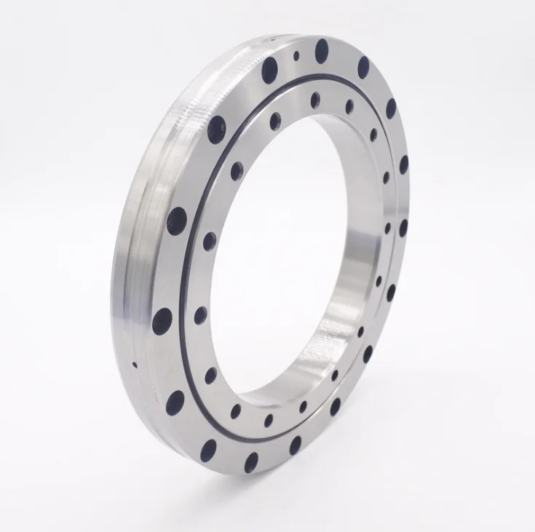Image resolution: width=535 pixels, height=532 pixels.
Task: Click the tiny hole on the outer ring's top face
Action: pyautogui.click(x=296, y=55)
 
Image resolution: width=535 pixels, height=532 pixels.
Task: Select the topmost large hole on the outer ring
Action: pyautogui.click(x=321, y=50)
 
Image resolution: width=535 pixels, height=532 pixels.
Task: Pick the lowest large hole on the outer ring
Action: pyautogui.click(x=251, y=462)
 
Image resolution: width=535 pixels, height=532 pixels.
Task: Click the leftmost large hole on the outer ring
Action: pyautogui.click(x=162, y=321)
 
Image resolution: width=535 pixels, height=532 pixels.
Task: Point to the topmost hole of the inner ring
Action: pyautogui.click(x=314, y=100)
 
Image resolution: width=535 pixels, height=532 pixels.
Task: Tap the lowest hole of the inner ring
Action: pyautogui.click(x=269, y=421)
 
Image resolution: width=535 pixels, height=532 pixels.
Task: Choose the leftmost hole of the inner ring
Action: pyautogui.click(x=199, y=315)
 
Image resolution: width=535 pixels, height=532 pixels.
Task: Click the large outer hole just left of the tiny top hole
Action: pyautogui.click(x=270, y=71)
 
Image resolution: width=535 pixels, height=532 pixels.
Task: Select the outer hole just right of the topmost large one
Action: pyautogui.click(x=363, y=67)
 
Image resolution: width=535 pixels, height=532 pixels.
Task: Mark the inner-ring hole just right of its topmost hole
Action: pyautogui.click(x=349, y=106)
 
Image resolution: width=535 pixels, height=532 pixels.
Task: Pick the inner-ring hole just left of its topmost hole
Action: pyautogui.click(x=275, y=121)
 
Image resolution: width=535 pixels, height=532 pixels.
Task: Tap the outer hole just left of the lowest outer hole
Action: pyautogui.click(x=210, y=450)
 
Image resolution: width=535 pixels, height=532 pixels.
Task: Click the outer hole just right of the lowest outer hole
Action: pyautogui.click(x=295, y=444)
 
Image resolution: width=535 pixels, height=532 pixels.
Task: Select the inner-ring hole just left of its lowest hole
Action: pyautogui.click(x=236, y=411)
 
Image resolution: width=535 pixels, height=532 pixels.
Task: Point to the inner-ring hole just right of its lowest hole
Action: pyautogui.click(x=303, y=407)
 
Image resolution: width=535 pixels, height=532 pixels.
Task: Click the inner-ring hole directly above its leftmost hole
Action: pyautogui.click(x=210, y=242)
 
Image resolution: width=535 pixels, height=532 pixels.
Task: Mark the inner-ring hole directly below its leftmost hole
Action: pyautogui.click(x=211, y=376)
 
